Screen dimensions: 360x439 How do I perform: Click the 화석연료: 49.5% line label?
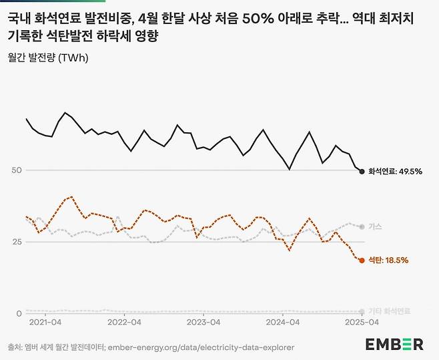[396, 172]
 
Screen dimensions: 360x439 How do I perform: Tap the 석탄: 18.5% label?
[388, 260]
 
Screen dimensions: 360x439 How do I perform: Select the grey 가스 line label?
[375, 227]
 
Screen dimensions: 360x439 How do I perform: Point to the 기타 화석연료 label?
[390, 311]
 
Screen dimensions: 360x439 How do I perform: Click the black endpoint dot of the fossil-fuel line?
[362, 172]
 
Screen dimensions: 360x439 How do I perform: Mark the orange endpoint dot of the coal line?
[362, 260]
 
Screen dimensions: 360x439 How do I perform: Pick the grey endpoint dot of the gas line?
[362, 227]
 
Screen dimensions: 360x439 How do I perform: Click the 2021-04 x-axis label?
[46, 322]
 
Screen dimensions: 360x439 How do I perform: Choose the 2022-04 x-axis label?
[125, 322]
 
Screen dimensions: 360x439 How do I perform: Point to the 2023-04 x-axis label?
[203, 322]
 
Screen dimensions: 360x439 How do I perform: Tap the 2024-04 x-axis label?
[282, 322]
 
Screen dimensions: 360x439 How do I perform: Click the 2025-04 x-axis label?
[362, 322]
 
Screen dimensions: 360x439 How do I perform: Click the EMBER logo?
[394, 344]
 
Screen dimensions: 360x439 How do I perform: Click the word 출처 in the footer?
[17, 347]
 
